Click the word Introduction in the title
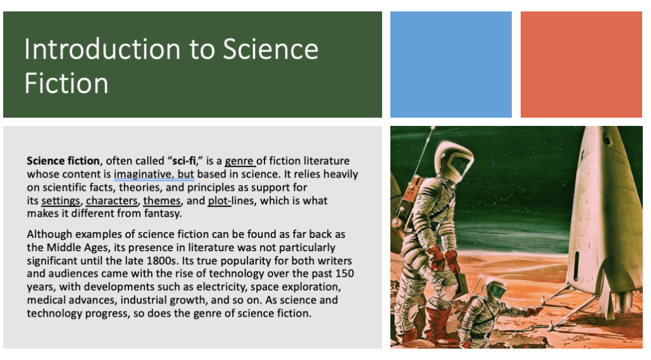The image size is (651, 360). click(102, 50)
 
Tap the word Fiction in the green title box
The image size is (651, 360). click(66, 83)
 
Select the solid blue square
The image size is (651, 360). click(451, 64)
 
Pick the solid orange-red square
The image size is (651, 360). click(581, 64)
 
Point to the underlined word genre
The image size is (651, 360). click(239, 161)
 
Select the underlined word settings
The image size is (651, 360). click(60, 200)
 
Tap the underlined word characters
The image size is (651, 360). click(112, 200)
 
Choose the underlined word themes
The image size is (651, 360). click(162, 200)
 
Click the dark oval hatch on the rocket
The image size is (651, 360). click(576, 266)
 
